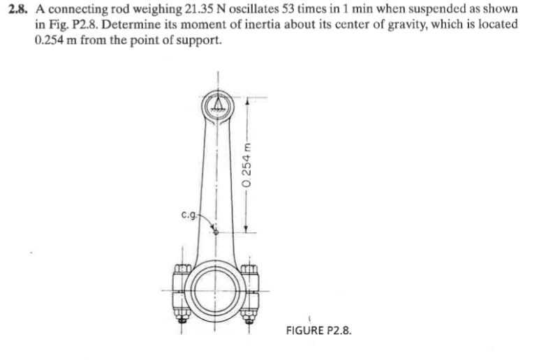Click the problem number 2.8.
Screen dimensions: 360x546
(19, 8)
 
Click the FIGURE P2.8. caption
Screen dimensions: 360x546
(318, 329)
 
